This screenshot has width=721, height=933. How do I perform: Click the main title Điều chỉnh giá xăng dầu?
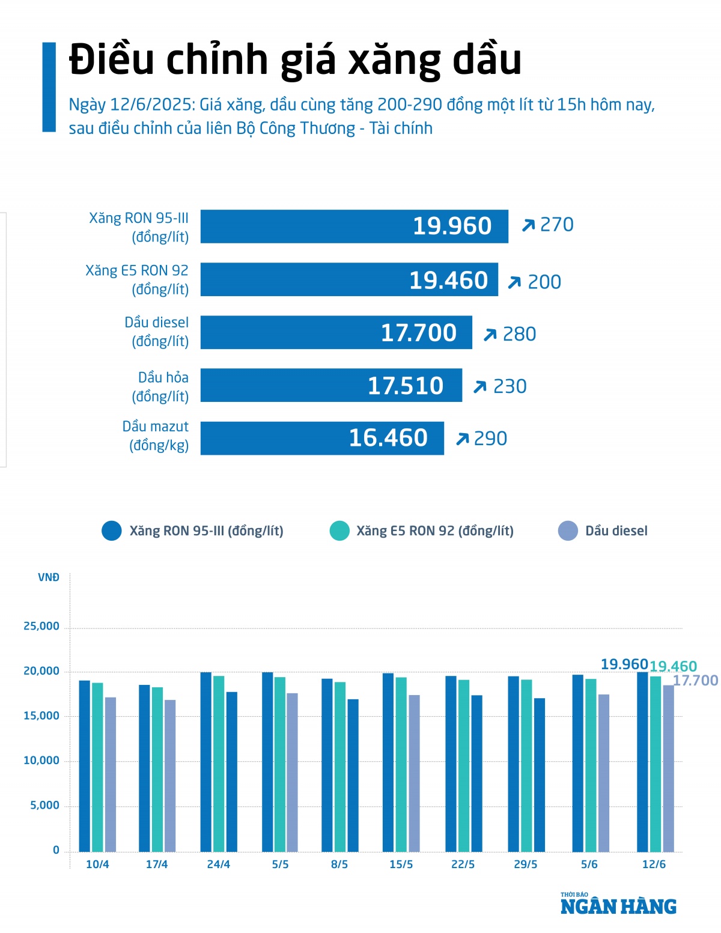[x=295, y=60]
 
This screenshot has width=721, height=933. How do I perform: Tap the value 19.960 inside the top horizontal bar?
[x=452, y=226]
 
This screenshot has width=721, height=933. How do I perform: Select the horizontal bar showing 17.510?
[x=331, y=385]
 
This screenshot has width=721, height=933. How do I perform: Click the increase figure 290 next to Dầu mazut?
[x=490, y=439]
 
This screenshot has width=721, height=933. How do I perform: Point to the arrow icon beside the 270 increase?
[x=528, y=225]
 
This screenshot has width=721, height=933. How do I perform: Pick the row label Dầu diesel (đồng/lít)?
[x=157, y=332]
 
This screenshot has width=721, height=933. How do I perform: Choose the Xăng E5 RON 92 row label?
[x=137, y=279]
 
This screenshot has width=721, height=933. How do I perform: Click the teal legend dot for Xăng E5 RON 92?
[x=339, y=530]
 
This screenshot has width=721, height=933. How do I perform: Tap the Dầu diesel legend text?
[x=616, y=530]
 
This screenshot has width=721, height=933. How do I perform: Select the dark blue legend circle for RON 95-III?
[x=112, y=530]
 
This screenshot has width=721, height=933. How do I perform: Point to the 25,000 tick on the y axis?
[x=41, y=626]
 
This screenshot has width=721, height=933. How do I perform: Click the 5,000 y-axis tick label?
[x=45, y=805]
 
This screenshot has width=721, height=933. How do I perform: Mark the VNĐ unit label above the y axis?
[x=49, y=577]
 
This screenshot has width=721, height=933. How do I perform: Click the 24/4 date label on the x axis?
[x=218, y=864]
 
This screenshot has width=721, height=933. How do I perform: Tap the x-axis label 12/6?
[x=654, y=864]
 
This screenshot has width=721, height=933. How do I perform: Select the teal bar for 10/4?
[x=97, y=767]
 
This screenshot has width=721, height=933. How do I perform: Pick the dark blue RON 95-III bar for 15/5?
[x=388, y=762]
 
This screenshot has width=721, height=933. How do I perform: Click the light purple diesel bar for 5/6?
[x=604, y=773]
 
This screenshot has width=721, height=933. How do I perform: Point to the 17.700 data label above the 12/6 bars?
[x=696, y=680]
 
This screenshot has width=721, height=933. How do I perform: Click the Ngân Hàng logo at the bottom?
[x=618, y=905]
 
